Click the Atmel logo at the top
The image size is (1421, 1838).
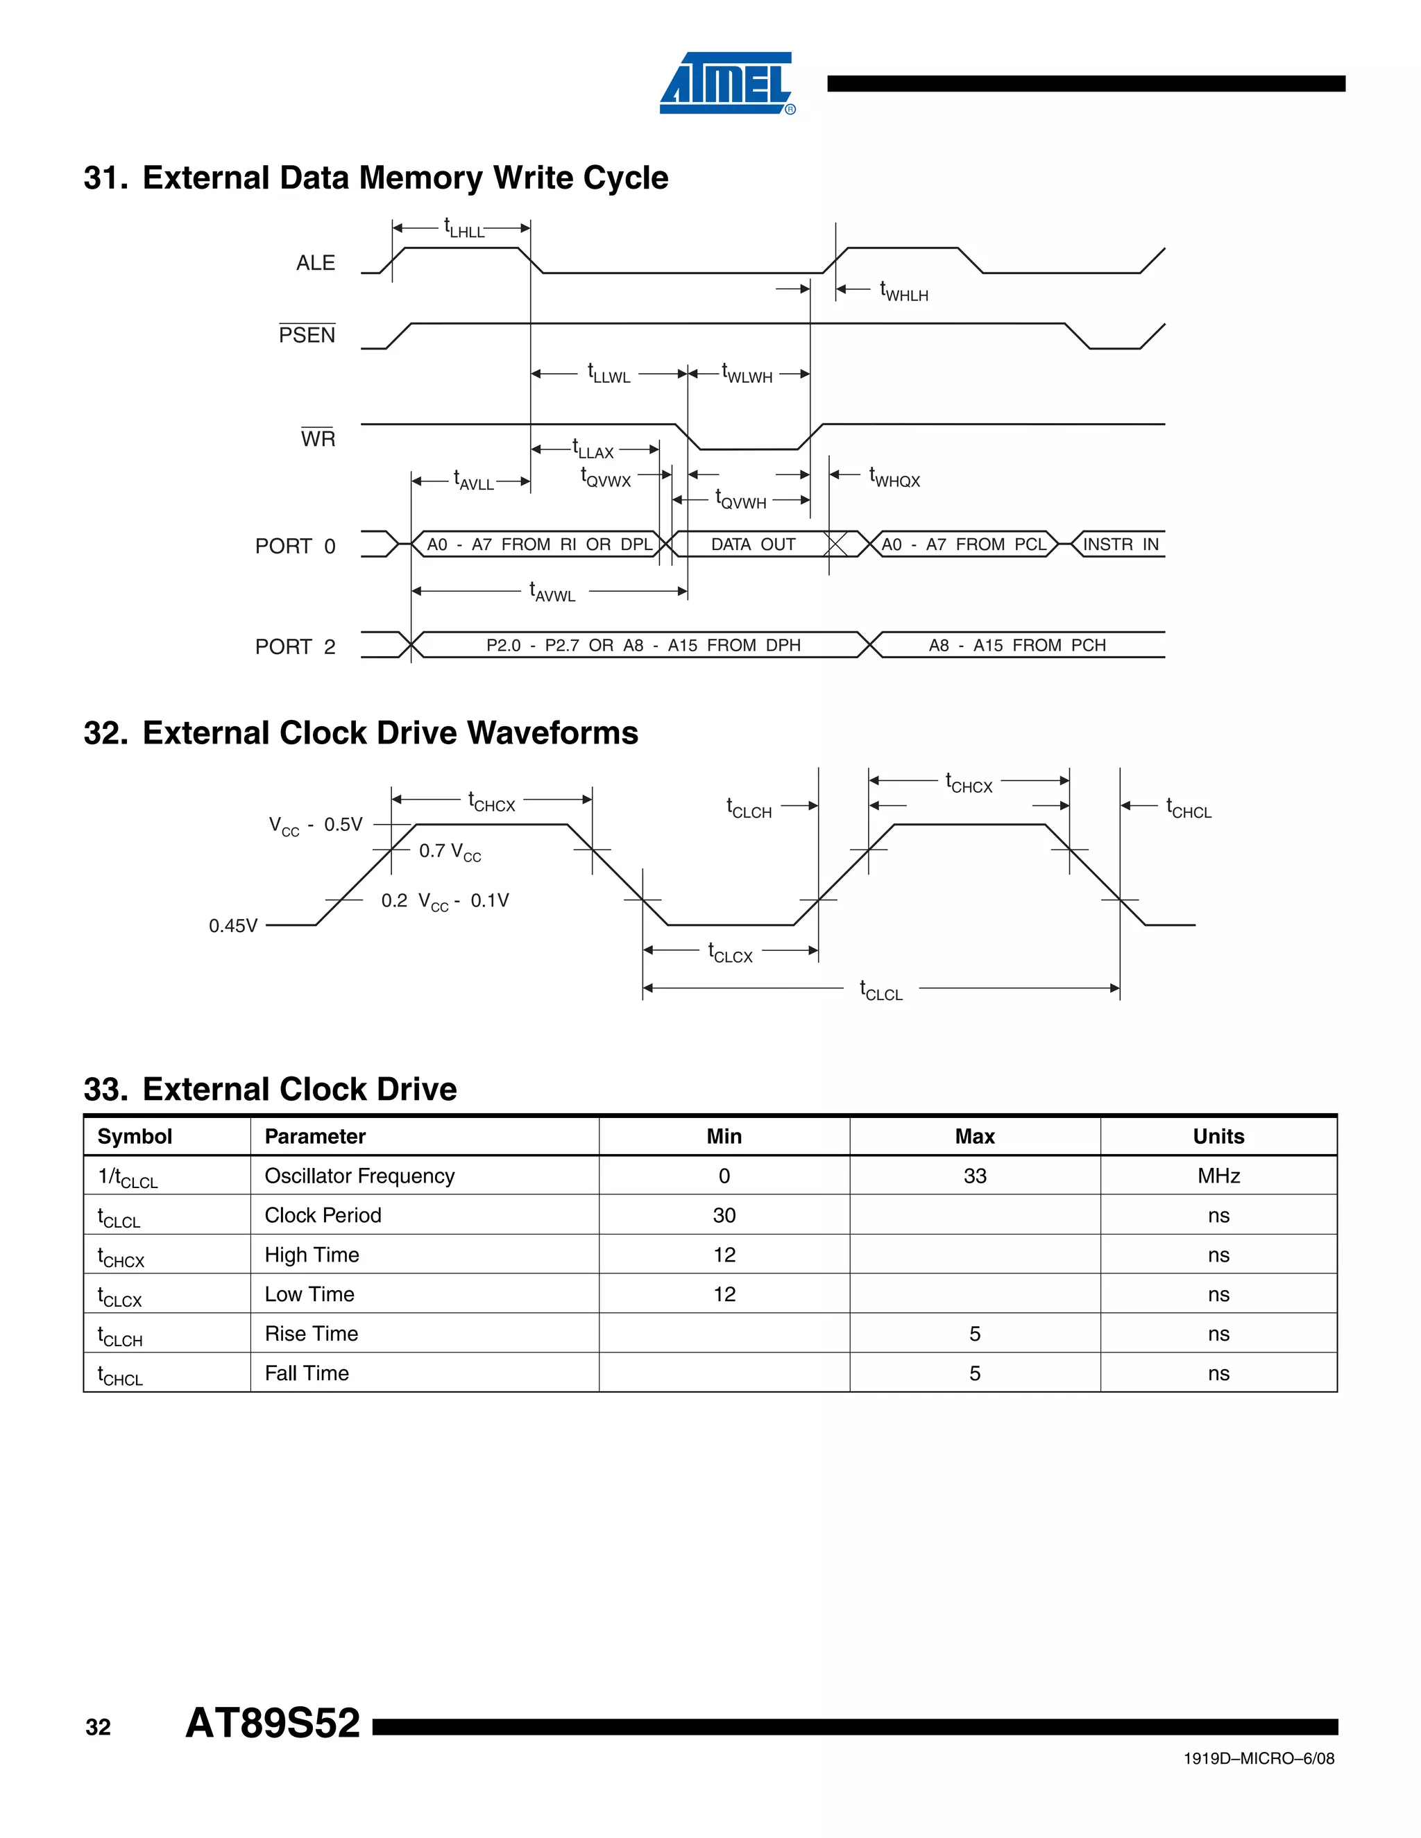pyautogui.click(x=726, y=83)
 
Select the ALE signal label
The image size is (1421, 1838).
pyautogui.click(x=315, y=264)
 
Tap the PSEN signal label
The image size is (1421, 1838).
pyautogui.click(x=307, y=335)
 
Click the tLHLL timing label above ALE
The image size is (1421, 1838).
pyautogui.click(x=464, y=228)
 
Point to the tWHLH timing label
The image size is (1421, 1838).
pyautogui.click(x=903, y=291)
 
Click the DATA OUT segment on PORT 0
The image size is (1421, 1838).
pyautogui.click(x=753, y=544)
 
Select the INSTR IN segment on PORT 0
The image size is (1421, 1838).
pyautogui.click(x=1120, y=544)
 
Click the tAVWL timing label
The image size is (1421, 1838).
pyautogui.click(x=552, y=592)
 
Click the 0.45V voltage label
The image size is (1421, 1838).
pyautogui.click(x=233, y=926)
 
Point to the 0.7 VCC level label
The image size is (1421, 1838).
pyautogui.click(x=450, y=852)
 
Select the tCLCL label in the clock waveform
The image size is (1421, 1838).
pyautogui.click(x=880, y=990)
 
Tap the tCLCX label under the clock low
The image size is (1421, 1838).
pyautogui.click(x=730, y=953)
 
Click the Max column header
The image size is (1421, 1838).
pyautogui.click(x=974, y=1136)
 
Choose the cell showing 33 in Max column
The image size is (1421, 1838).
pyautogui.click(x=974, y=1176)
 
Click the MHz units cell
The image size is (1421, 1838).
pyautogui.click(x=1218, y=1176)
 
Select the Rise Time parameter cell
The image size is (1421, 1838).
pyautogui.click(x=312, y=1334)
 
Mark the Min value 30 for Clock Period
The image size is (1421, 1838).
pyautogui.click(x=724, y=1215)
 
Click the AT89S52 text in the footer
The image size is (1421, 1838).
pyautogui.click(x=273, y=1723)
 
